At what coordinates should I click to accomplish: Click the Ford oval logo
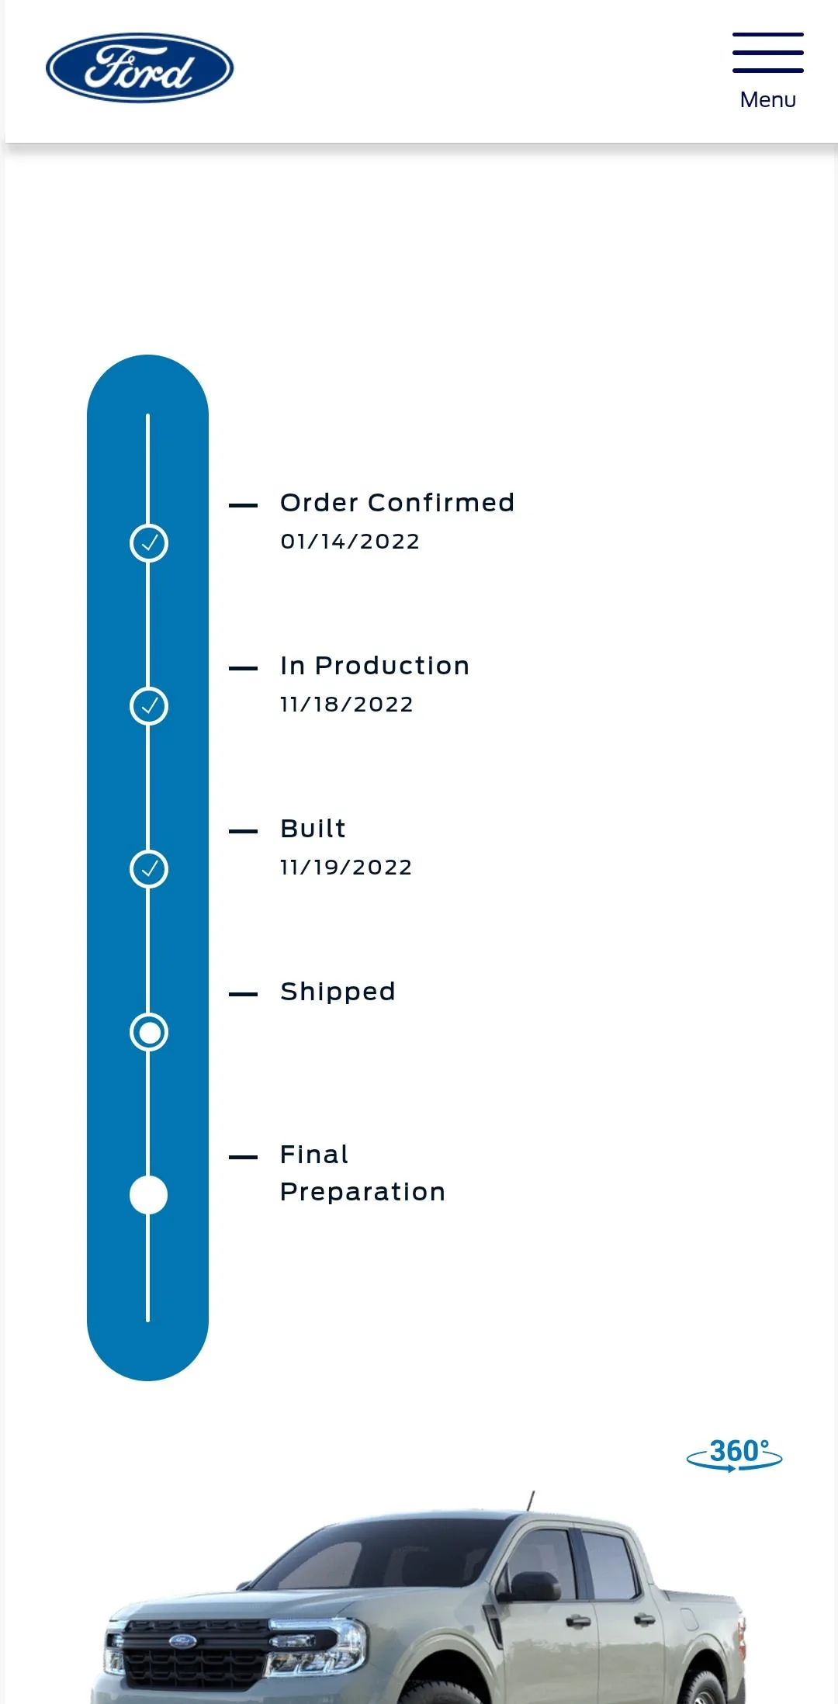140,68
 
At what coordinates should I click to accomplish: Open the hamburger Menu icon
768,53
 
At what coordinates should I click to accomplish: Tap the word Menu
768,100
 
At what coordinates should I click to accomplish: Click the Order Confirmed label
397,503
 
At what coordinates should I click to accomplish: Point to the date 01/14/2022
350,542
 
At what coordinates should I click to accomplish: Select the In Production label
375,666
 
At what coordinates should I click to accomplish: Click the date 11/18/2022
347,705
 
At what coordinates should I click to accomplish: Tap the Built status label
313,829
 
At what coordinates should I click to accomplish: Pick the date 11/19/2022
346,868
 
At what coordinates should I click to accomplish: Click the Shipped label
338,992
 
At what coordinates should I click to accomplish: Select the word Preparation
362,1192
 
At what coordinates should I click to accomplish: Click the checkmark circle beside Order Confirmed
149,543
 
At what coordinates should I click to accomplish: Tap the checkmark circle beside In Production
149,706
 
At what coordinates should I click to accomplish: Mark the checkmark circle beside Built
149,869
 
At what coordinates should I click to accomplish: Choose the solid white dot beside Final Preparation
149,1195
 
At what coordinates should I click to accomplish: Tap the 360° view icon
735,1454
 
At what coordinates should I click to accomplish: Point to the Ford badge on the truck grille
183,1640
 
